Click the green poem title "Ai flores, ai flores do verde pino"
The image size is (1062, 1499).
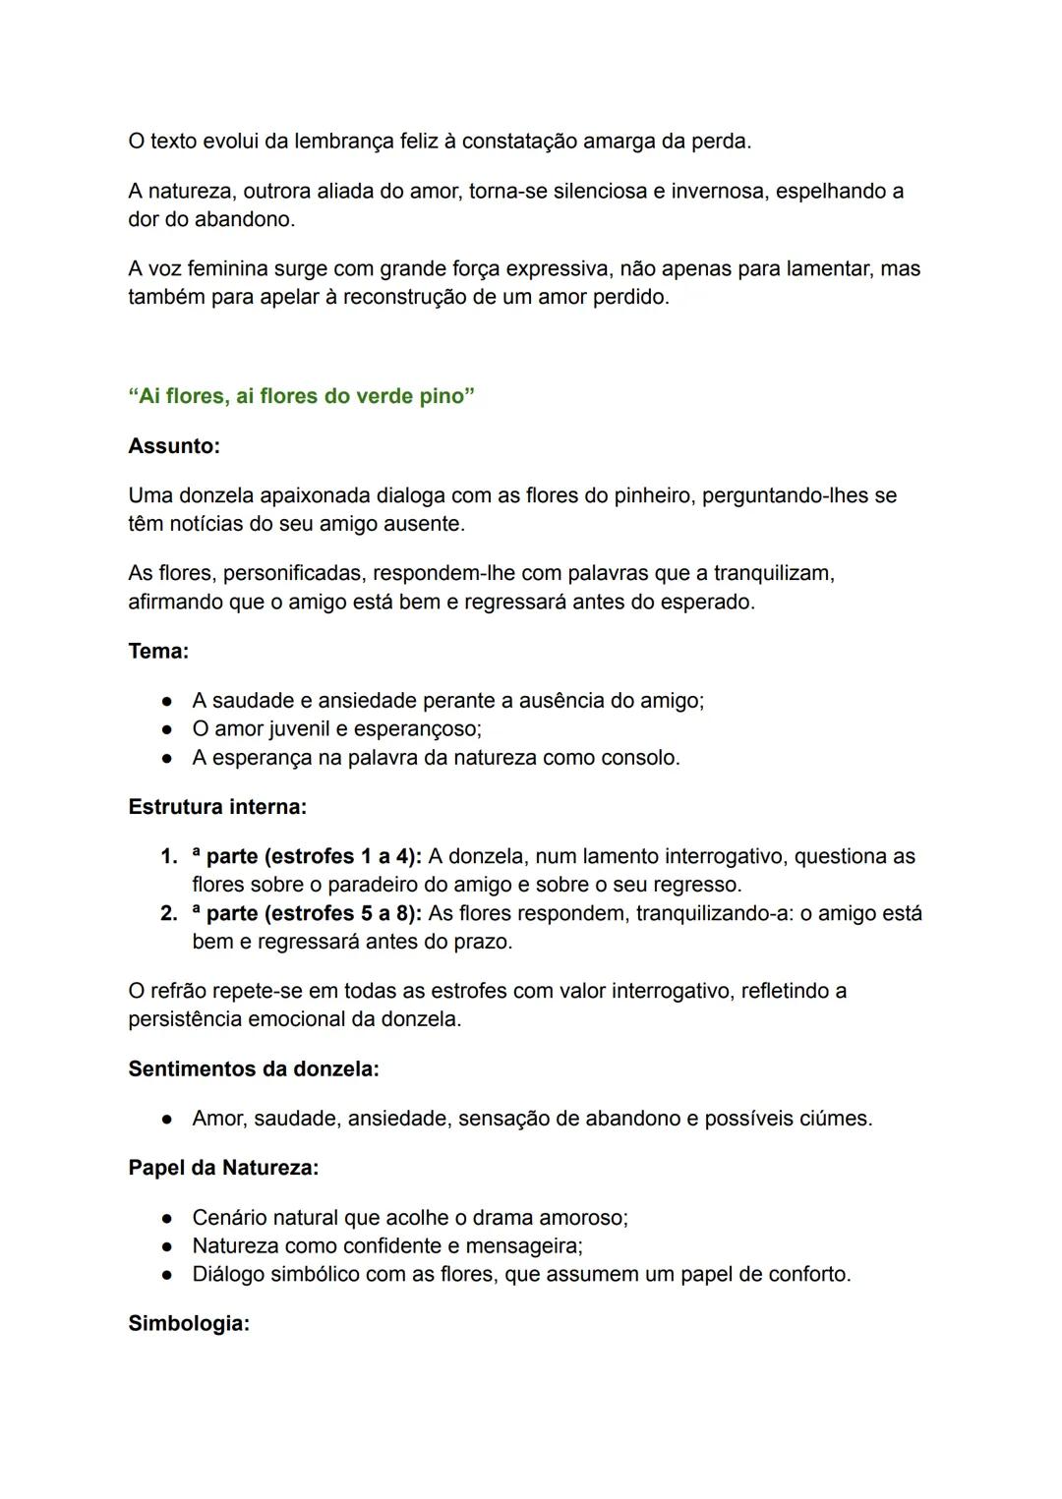[x=301, y=396]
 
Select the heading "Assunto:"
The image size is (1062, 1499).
[x=174, y=446]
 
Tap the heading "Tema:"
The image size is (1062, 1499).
[x=158, y=651]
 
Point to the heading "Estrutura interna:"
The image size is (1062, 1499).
[x=217, y=807]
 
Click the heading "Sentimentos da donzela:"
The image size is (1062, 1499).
[x=254, y=1068]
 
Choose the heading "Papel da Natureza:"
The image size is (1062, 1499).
[x=223, y=1168]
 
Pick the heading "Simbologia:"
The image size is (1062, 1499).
[x=189, y=1323]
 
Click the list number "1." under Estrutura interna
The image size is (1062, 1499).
[x=168, y=856]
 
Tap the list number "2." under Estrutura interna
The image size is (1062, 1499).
[x=168, y=913]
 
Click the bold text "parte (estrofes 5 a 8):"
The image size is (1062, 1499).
[x=314, y=913]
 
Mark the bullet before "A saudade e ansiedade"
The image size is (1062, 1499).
[x=168, y=701]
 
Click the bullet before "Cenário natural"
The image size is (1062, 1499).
[x=168, y=1218]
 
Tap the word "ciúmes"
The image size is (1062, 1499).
[x=834, y=1119]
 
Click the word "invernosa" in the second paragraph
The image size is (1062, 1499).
[x=717, y=191]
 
